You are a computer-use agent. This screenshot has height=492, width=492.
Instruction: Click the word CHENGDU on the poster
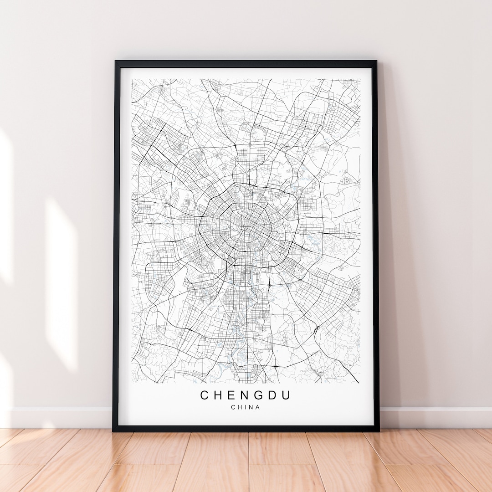tap(246, 395)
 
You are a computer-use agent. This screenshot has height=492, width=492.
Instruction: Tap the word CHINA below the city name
tap(246, 407)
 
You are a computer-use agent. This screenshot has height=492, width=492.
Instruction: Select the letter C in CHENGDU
tap(205, 395)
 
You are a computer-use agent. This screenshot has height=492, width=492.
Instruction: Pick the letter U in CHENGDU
tap(286, 395)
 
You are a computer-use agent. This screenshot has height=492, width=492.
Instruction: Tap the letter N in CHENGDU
tap(245, 395)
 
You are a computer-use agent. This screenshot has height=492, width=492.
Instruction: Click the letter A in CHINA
tap(258, 407)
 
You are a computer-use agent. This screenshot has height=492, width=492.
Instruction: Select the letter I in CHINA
tap(246, 407)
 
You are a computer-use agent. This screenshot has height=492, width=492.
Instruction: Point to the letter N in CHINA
tap(251, 407)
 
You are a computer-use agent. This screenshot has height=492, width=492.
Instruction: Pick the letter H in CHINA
tap(240, 407)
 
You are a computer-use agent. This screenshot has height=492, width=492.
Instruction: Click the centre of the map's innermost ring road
tap(247, 222)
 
